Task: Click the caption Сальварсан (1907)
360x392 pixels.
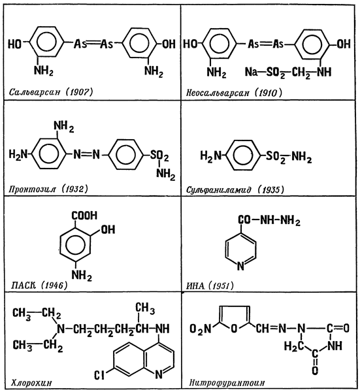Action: [51, 92]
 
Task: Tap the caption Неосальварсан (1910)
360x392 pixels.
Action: [234, 93]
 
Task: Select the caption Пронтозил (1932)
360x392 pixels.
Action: [48, 189]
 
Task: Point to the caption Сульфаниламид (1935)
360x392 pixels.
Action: [235, 189]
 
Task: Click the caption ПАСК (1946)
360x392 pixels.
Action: [39, 285]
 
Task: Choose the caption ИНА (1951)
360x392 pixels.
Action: [210, 286]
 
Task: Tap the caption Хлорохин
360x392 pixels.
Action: [31, 382]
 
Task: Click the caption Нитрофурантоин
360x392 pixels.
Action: [227, 382]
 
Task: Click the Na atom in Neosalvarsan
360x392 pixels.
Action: [251, 72]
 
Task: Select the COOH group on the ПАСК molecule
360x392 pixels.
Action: [84, 216]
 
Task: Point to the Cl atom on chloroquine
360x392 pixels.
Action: [99, 375]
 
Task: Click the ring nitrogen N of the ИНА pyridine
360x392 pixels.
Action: [240, 266]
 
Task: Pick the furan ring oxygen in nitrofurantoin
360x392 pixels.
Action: [234, 329]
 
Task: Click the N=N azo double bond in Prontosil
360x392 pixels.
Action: [87, 154]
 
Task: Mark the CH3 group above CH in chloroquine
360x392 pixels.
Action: [145, 308]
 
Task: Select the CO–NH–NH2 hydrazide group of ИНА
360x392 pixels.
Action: [269, 221]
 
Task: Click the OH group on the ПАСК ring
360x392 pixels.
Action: [108, 229]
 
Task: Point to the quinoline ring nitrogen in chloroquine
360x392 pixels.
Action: [159, 374]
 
